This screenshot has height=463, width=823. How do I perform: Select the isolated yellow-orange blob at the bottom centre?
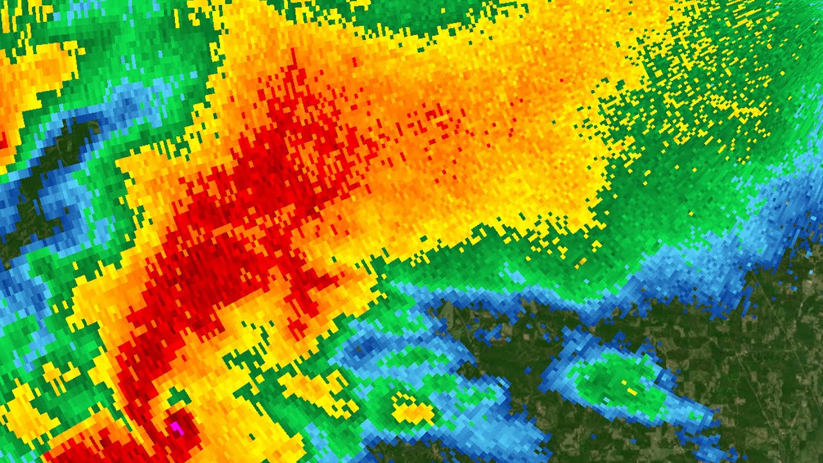pyautogui.click(x=412, y=410)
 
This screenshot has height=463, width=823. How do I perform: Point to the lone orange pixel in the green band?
pyautogui.click(x=582, y=262)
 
